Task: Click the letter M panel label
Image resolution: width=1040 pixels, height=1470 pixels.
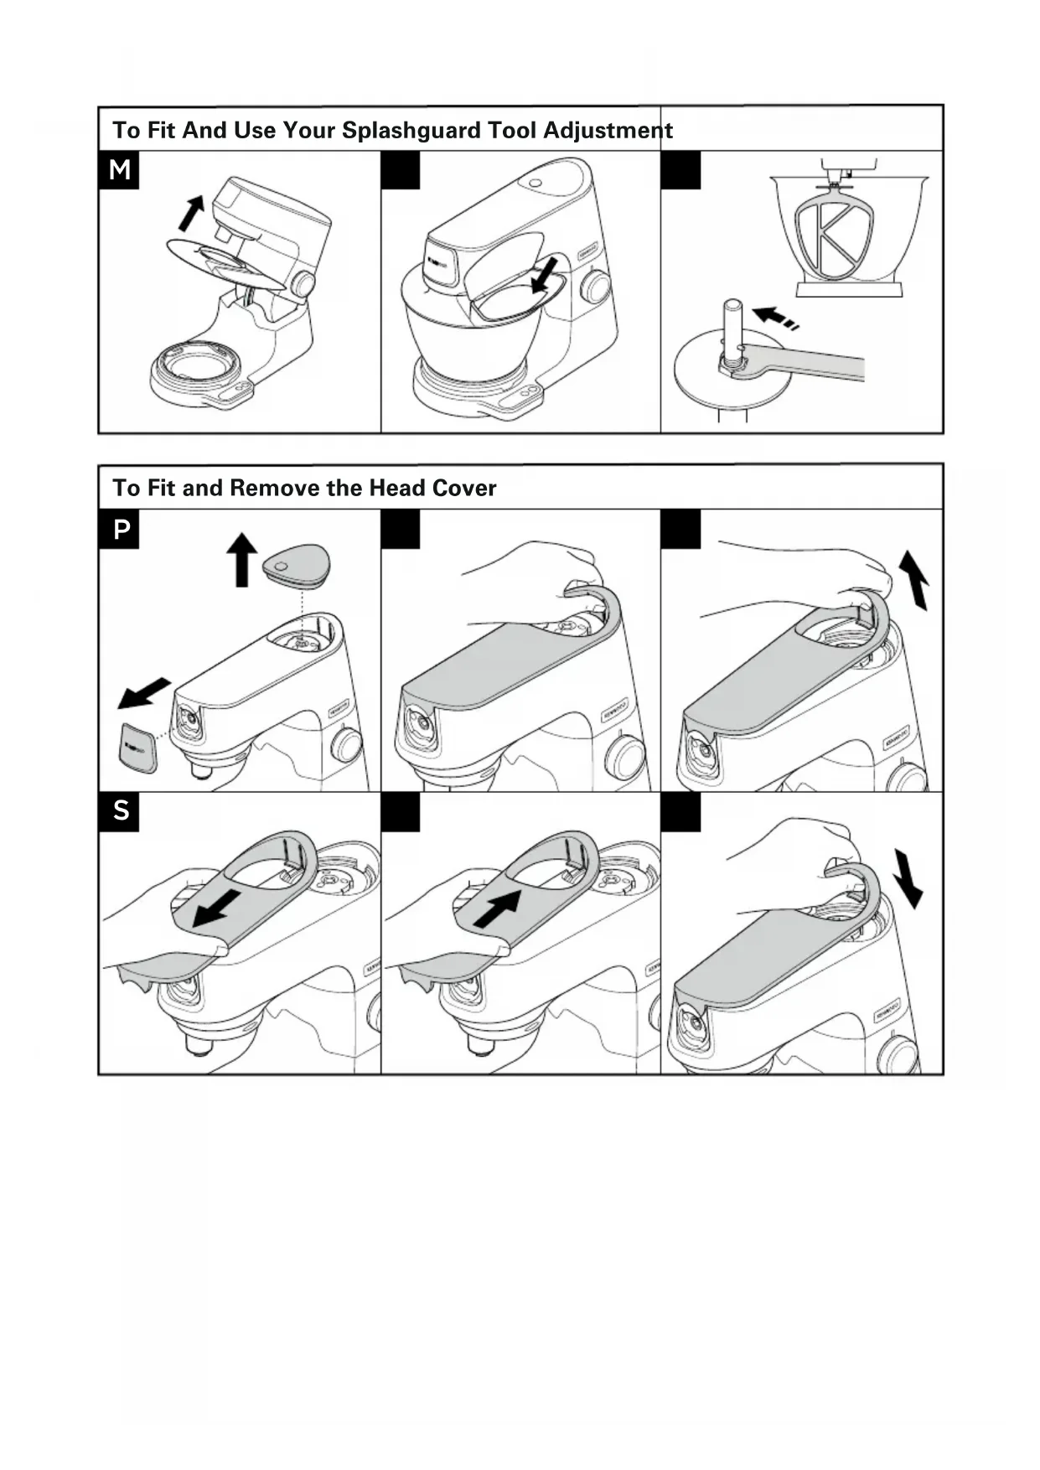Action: [x=119, y=170]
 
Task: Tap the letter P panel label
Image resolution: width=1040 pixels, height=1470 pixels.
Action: [x=121, y=530]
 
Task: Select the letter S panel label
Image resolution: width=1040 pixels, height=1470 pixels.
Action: [x=121, y=810]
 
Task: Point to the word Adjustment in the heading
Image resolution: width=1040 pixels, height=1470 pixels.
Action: [x=608, y=131]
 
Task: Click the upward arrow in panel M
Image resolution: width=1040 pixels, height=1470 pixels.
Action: [x=192, y=212]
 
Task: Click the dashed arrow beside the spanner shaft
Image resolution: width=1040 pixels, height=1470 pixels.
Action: [x=775, y=318]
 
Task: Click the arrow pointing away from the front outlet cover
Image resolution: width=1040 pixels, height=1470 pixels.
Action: [x=143, y=692]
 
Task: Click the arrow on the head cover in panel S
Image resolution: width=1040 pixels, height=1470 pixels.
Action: [x=216, y=908]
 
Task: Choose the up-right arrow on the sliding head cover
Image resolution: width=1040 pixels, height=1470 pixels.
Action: [x=497, y=908]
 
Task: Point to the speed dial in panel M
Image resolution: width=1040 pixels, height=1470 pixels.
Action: [x=303, y=285]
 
